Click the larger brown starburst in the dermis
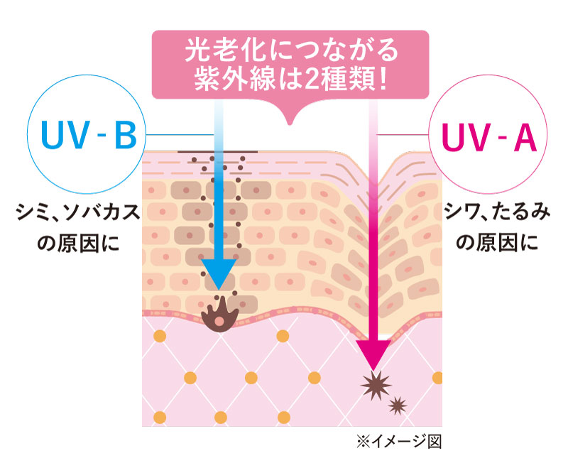[x=376, y=386]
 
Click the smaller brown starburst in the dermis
[x=397, y=406]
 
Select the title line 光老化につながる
[x=291, y=52]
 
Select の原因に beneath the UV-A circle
[x=493, y=244]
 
